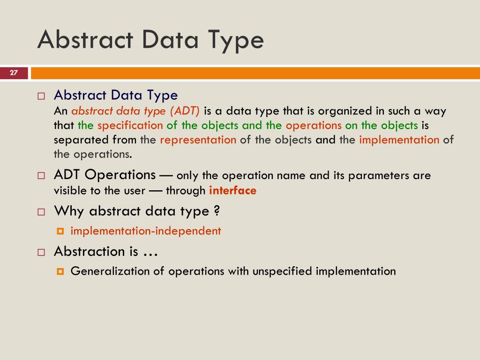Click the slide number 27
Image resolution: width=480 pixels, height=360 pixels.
[x=14, y=73]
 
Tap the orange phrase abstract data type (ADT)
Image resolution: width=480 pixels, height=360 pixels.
[x=135, y=111]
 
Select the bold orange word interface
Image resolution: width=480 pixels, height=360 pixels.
[x=232, y=191]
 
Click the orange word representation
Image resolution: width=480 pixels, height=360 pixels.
[x=198, y=140]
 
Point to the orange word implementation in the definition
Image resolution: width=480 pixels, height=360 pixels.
[x=399, y=140]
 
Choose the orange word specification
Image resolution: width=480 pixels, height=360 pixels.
[x=130, y=126]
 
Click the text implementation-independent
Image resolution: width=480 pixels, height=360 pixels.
[x=146, y=231]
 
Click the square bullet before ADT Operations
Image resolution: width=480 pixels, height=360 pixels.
[x=41, y=176]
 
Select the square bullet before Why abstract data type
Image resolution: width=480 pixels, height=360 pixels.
[x=41, y=212]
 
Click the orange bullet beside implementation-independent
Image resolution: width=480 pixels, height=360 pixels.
[x=60, y=231]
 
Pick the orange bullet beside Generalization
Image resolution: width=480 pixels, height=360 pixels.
[x=60, y=271]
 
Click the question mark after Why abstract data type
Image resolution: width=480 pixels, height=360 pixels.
[x=217, y=211]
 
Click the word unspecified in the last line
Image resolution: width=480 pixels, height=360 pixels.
[x=283, y=271]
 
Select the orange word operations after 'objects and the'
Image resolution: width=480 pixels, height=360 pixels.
[x=314, y=126]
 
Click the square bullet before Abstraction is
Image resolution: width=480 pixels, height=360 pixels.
[x=41, y=252]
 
